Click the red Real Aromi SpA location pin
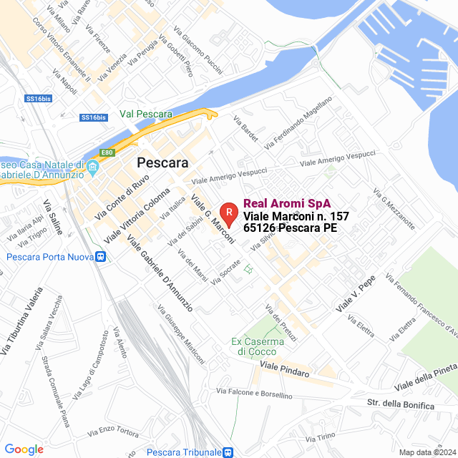[228, 212]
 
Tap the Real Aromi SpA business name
[281, 203]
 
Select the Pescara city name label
[162, 162]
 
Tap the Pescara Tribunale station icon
[227, 452]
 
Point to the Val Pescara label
[146, 114]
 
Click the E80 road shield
[108, 152]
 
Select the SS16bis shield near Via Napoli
[94, 117]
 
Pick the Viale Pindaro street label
[285, 369]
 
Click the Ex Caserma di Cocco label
[258, 346]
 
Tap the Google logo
[24, 449]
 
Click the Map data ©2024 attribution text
[427, 452]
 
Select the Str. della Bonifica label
[400, 404]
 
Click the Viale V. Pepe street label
[356, 295]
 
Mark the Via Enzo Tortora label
[113, 431]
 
